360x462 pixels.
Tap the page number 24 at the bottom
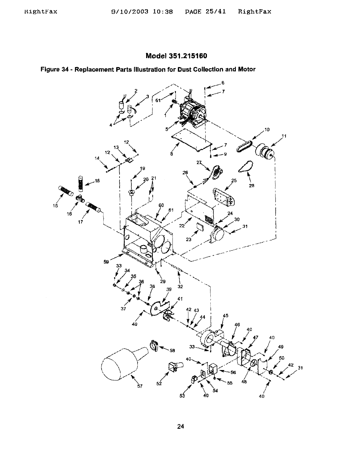coord(181,426)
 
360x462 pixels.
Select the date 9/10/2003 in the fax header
coord(130,12)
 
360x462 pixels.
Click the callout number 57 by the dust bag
coord(139,386)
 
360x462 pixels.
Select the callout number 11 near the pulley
coord(284,136)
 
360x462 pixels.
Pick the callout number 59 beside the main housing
coord(106,262)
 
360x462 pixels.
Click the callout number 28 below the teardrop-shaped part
coord(251,185)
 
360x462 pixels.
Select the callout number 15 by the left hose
coord(55,206)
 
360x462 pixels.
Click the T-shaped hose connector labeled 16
coord(80,198)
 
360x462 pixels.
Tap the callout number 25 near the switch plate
coord(234,180)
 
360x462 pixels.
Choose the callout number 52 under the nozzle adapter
coord(159,383)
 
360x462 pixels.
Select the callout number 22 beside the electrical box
coord(182,226)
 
